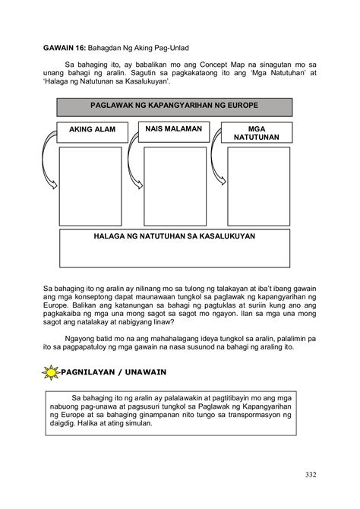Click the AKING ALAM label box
93,130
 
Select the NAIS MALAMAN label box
173,129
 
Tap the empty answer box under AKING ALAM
90,186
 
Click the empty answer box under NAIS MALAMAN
175,186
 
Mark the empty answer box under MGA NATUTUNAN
258,186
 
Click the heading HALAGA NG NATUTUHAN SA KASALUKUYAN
174,236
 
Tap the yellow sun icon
51,372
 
